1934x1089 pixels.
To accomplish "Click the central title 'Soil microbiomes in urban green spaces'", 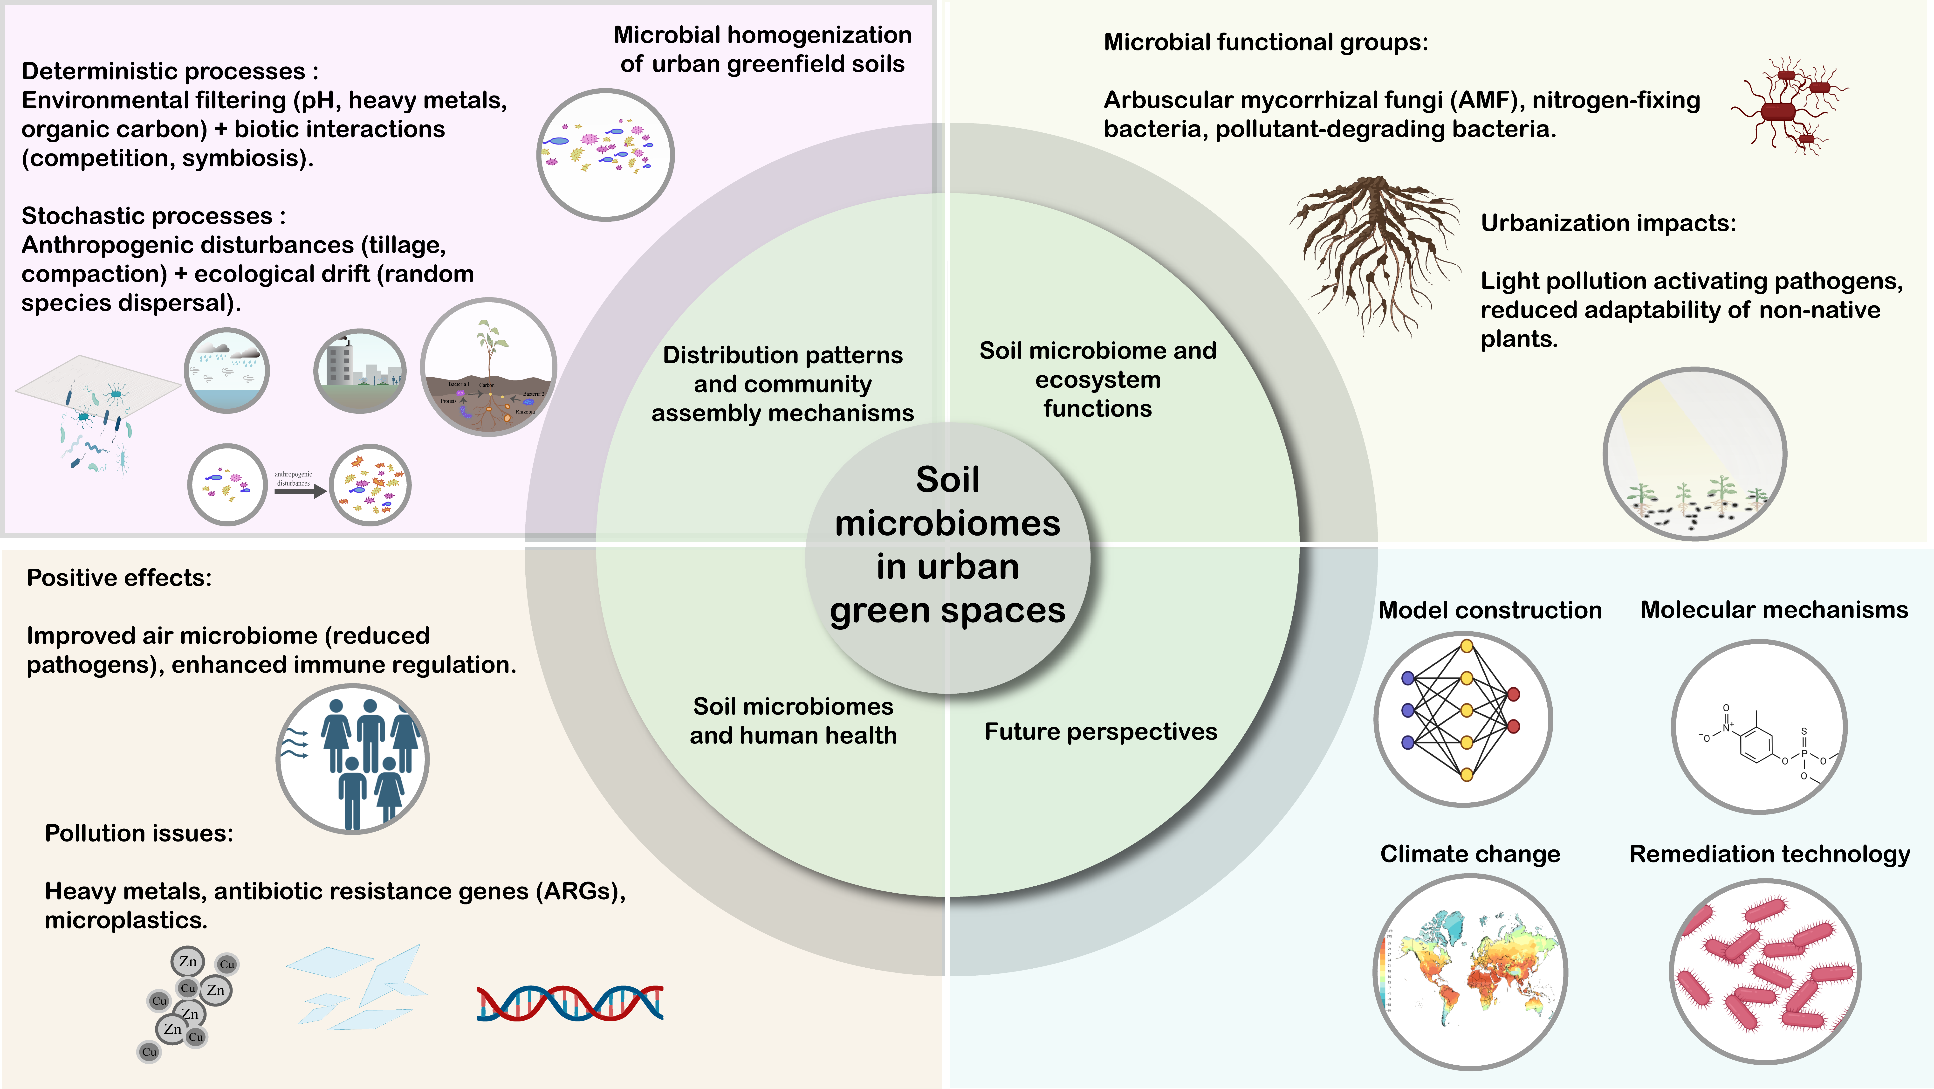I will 947,544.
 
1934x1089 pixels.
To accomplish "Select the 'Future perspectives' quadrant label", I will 1101,731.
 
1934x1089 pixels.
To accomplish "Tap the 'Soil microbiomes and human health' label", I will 793,721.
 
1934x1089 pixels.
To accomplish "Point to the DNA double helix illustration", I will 570,1003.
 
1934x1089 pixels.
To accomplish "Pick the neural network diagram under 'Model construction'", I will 1462,719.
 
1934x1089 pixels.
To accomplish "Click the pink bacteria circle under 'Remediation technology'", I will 1764,971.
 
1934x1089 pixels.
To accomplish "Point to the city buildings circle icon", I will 360,370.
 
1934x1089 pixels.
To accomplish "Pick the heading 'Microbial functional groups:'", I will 1266,42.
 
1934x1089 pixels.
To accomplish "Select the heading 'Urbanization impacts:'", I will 1608,223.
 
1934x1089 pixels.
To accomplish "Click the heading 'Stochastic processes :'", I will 153,216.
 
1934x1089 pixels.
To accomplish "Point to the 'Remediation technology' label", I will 1769,854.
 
